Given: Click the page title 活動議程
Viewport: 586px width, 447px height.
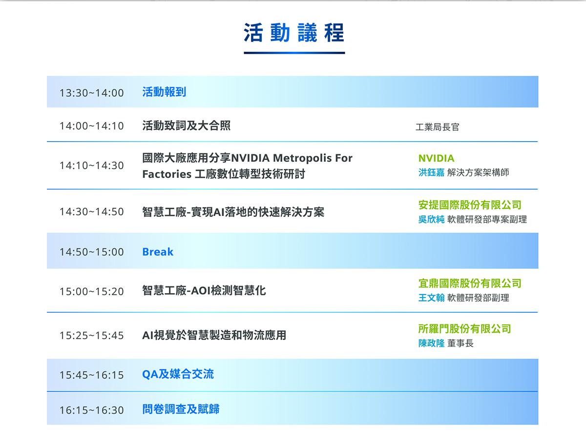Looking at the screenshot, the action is (x=294, y=33).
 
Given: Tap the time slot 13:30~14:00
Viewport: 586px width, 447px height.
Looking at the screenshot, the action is (x=92, y=93).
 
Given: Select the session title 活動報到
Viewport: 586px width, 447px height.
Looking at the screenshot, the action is (x=164, y=92).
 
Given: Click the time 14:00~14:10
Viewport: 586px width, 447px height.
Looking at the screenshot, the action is (x=92, y=126).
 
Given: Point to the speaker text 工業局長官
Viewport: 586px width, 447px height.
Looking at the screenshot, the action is (x=437, y=127).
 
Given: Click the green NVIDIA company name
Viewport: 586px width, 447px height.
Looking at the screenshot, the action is (x=436, y=158).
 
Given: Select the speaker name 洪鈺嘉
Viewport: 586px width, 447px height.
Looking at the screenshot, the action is (x=431, y=172).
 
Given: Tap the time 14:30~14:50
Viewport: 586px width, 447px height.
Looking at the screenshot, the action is (x=92, y=212).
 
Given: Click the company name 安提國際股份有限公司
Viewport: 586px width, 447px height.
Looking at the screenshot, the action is (x=470, y=205).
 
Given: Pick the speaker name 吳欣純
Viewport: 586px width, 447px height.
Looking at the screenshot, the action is (x=431, y=219).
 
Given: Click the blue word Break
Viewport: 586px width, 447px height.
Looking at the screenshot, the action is (x=158, y=252).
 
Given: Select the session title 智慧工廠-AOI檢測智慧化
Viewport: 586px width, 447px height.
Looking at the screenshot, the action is (x=204, y=291).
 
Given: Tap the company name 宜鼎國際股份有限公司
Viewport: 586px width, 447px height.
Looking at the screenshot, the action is (x=470, y=283).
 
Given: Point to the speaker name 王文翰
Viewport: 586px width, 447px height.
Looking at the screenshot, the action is (x=431, y=298).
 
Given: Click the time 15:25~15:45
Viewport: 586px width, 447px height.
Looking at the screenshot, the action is (x=92, y=336).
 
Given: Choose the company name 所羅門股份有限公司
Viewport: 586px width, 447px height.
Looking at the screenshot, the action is (x=464, y=329).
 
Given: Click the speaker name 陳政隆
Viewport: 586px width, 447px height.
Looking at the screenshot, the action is (x=431, y=343).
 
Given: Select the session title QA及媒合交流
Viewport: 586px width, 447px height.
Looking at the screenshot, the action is (x=178, y=374).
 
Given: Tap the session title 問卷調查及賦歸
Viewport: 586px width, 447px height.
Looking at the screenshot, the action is (x=181, y=409).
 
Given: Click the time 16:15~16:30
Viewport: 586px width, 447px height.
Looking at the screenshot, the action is (x=92, y=410).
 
